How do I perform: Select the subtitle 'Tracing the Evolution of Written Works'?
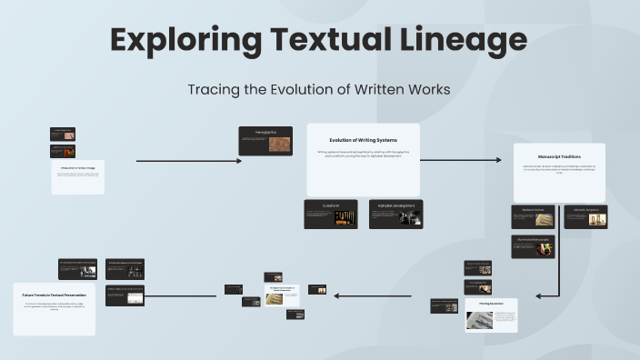click(319, 91)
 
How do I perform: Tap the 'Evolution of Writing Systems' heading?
click(363, 140)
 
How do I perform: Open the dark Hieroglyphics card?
click(265, 141)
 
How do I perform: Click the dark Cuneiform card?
click(331, 214)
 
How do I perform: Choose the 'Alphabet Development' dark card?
click(395, 214)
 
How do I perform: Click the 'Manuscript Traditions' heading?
click(559, 156)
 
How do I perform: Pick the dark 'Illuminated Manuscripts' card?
click(533, 245)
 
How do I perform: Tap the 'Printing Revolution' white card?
click(491, 315)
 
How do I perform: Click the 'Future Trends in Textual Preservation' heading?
click(54, 295)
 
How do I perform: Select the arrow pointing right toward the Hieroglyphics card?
click(188, 161)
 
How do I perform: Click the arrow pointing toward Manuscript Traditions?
click(461, 160)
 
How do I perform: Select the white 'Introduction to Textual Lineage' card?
click(77, 176)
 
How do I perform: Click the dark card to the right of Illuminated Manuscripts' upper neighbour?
click(585, 215)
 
